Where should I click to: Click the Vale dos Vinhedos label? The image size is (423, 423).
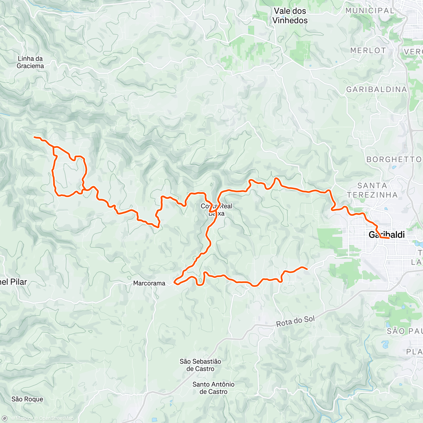pyautogui.click(x=290, y=16)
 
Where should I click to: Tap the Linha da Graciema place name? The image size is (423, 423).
pyautogui.click(x=30, y=62)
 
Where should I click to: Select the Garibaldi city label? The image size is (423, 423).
pyautogui.click(x=386, y=235)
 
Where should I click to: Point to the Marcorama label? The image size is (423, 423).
pyautogui.click(x=149, y=283)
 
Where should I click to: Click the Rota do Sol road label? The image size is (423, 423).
pyautogui.click(x=295, y=321)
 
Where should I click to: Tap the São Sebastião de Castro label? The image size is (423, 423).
pyautogui.click(x=200, y=365)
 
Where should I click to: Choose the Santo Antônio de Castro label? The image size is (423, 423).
pyautogui.click(x=213, y=388)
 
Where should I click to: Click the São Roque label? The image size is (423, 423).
pyautogui.click(x=27, y=399)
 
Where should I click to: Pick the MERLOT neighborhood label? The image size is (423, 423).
pyautogui.click(x=368, y=51)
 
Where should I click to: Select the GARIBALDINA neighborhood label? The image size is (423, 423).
pyautogui.click(x=376, y=90)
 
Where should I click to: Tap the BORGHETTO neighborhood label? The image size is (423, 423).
pyautogui.click(x=394, y=160)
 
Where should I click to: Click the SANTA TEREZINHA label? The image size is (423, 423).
pyautogui.click(x=372, y=190)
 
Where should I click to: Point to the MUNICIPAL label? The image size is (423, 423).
pyautogui.click(x=370, y=11)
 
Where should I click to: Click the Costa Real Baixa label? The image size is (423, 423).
pyautogui.click(x=216, y=210)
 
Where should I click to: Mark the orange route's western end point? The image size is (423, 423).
pyautogui.click(x=34, y=137)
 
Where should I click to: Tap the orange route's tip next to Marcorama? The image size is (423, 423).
pyautogui.click(x=175, y=282)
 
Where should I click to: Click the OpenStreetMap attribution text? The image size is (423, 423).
pyautogui.click(x=56, y=418)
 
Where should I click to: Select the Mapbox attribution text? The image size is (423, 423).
pyautogui.click(x=22, y=418)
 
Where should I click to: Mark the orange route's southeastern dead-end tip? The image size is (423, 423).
pyautogui.click(x=307, y=269)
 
